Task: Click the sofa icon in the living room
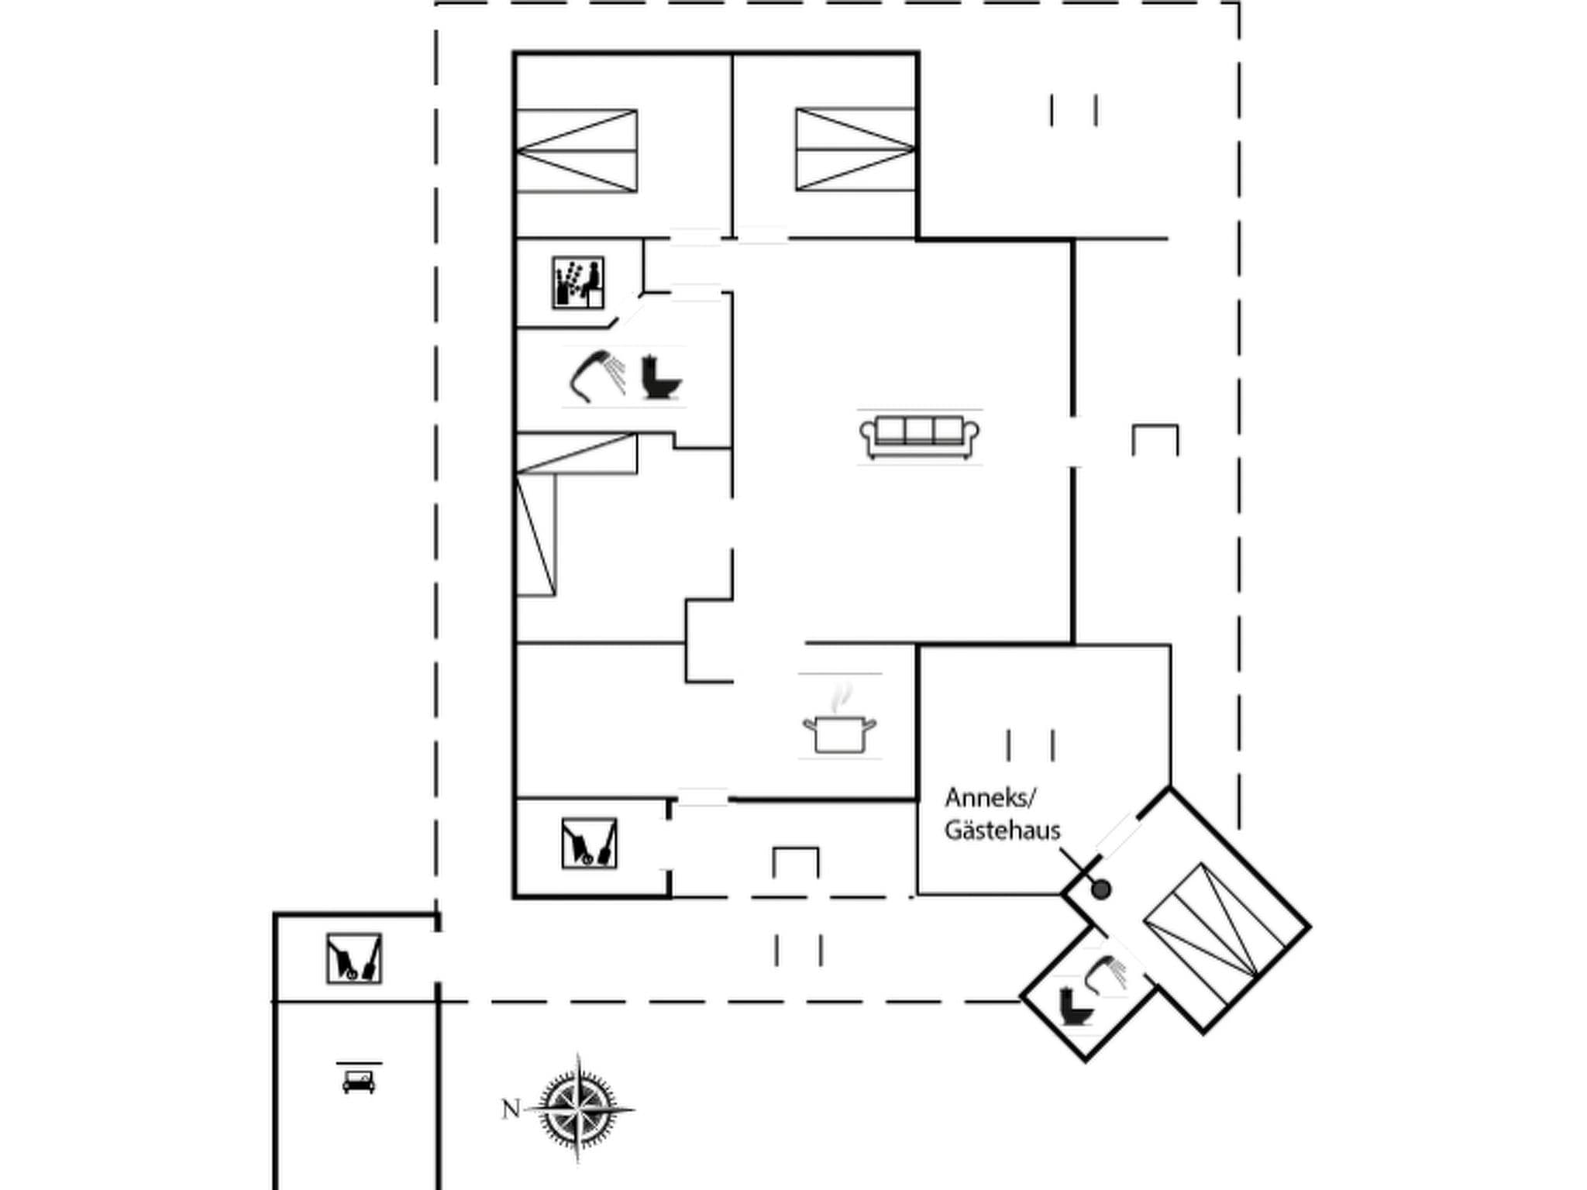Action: pos(919,437)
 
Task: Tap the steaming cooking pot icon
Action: pos(839,724)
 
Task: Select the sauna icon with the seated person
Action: pos(578,283)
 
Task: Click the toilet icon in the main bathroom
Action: pos(661,377)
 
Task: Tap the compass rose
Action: pos(578,1109)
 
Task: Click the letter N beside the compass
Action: pos(511,1109)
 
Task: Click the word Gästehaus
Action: pos(1002,831)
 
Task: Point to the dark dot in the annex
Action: pos(1100,889)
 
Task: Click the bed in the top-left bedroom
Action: pos(577,151)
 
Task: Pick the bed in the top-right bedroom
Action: pos(855,150)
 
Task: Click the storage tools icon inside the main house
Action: pos(589,843)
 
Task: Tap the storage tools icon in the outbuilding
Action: pos(354,958)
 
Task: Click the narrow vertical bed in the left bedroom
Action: pos(536,535)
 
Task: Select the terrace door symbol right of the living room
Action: pos(1155,439)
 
